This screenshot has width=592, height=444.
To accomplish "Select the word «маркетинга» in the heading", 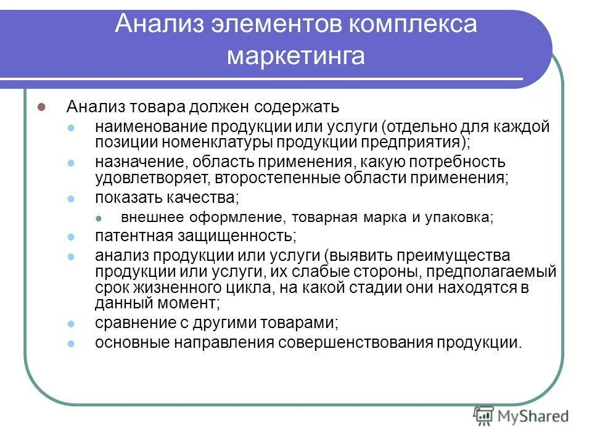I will point(296,56).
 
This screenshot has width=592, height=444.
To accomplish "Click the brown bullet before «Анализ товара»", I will point(43,107).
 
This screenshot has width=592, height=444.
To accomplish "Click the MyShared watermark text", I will point(533,416).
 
